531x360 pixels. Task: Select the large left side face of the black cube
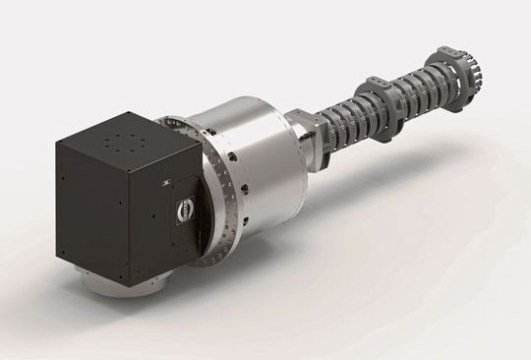pyautogui.click(x=99, y=211)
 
